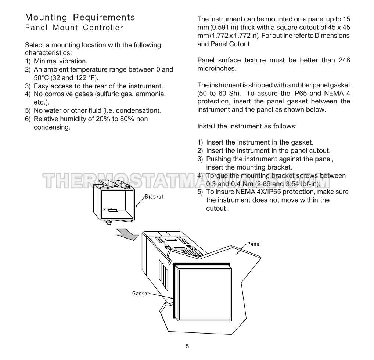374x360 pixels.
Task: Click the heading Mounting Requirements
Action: [x=80, y=17]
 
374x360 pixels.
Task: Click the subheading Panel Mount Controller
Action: [x=74, y=28]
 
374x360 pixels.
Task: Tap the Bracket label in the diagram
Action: [x=154, y=197]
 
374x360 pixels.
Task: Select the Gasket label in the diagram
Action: [x=140, y=294]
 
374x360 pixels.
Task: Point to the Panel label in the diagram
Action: [x=254, y=244]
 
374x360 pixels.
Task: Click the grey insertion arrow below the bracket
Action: [x=126, y=234]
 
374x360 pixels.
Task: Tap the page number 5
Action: [x=187, y=346]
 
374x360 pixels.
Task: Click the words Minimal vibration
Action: [x=60, y=61]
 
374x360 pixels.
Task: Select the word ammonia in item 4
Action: [x=151, y=94]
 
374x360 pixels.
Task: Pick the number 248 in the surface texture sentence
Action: [x=343, y=60]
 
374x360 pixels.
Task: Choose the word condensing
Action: [x=52, y=127]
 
